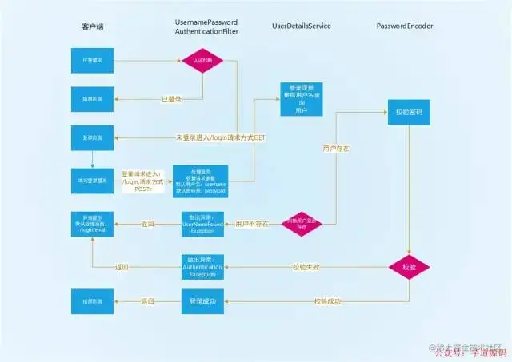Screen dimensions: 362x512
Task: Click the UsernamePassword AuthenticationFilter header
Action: [206, 25]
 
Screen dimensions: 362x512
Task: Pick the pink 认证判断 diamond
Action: [202, 60]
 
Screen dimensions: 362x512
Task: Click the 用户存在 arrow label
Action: [335, 149]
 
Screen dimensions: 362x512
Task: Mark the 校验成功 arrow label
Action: [327, 301]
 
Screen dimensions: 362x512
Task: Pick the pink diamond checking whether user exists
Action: [302, 225]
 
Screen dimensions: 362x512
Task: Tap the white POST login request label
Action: [142, 181]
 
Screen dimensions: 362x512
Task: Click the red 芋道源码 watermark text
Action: [484, 352]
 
